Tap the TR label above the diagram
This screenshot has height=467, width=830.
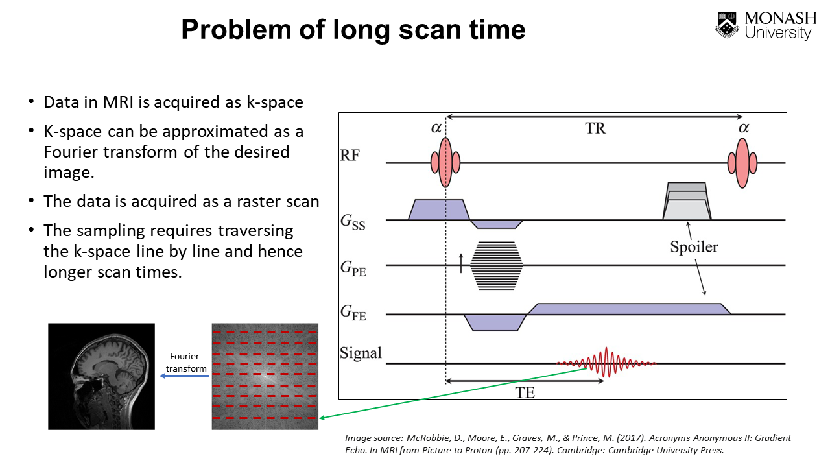[595, 128]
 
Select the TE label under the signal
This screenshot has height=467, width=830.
[525, 392]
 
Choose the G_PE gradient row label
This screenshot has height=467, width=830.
[353, 267]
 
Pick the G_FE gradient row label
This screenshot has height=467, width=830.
[353, 313]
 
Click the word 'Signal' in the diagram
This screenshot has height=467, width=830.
[361, 353]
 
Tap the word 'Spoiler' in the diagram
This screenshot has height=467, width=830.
[694, 247]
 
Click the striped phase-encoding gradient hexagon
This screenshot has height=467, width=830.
[496, 265]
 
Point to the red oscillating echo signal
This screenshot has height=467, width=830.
[606, 363]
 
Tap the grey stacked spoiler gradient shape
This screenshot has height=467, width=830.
[687, 201]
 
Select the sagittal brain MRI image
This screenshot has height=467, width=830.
[102, 376]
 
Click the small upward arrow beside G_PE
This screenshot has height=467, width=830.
[461, 263]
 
